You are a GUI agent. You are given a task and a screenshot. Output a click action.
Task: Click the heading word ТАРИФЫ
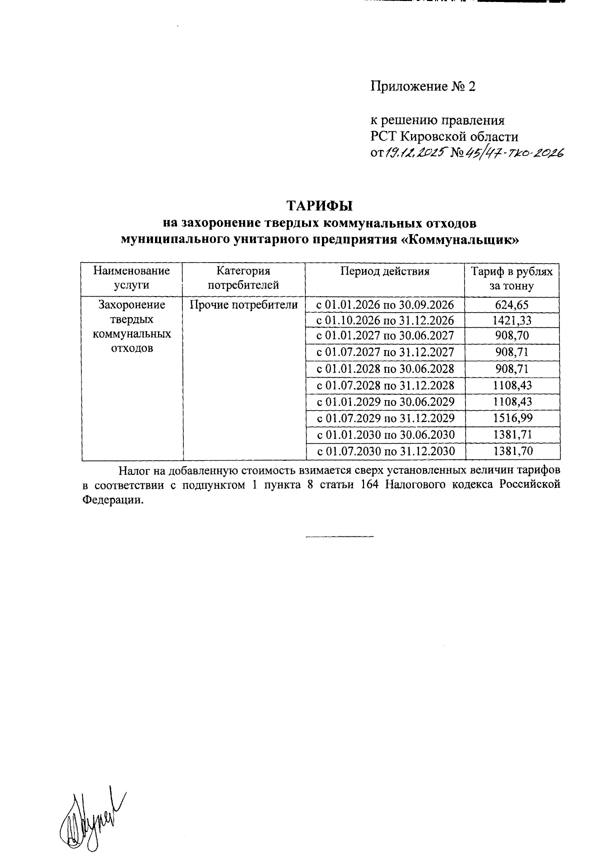[319, 206]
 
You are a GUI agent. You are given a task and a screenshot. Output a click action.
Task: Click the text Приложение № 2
[422, 87]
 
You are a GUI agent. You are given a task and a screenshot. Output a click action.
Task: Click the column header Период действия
[385, 271]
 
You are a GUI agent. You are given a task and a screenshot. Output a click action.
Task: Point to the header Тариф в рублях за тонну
[512, 279]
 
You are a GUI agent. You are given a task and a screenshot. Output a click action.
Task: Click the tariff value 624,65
[512, 305]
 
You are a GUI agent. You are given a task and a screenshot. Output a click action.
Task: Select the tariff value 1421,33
[512, 320]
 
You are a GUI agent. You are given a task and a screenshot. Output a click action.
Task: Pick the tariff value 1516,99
[512, 418]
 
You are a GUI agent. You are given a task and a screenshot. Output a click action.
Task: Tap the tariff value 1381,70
[512, 451]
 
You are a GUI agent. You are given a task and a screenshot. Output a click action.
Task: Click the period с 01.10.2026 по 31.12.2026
[385, 320]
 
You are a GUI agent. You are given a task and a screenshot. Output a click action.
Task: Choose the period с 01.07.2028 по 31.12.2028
[385, 385]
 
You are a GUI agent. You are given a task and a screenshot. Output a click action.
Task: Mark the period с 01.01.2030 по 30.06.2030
[385, 434]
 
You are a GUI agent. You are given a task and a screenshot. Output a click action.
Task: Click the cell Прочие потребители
[244, 305]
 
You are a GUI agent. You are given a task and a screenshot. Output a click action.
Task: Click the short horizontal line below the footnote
[339, 537]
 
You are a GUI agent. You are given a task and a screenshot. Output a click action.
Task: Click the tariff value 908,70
[512, 336]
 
